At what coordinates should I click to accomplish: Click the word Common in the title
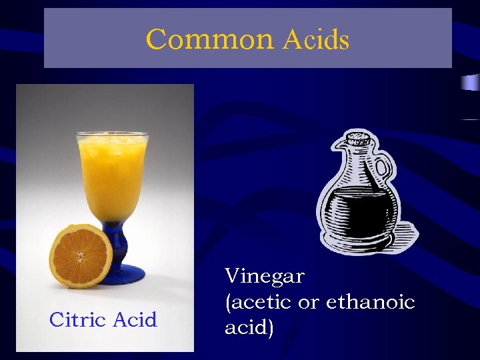coord(209,39)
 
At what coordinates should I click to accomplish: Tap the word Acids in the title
coord(315,40)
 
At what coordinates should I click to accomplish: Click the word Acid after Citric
coord(135,320)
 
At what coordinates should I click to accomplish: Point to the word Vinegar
coord(265,276)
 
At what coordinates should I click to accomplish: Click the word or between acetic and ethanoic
coord(309,303)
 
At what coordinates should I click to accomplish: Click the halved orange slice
coord(81,255)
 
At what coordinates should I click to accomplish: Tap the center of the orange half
coord(81,256)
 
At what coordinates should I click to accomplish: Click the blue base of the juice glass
coord(123,271)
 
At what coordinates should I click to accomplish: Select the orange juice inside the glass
coord(112,177)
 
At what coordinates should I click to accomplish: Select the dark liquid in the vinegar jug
coord(360,210)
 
